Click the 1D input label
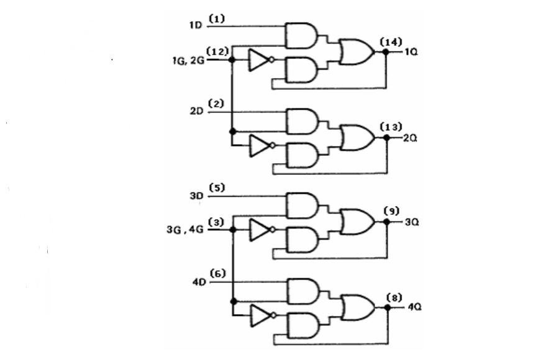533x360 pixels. click(x=196, y=25)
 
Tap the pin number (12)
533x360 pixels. click(x=217, y=52)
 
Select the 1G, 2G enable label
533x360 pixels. click(x=189, y=60)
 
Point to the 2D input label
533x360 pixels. click(x=196, y=111)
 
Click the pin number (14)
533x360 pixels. click(x=391, y=42)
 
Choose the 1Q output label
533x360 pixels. click(x=411, y=52)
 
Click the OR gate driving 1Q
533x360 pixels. click(x=357, y=52)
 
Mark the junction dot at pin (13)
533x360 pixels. click(x=386, y=138)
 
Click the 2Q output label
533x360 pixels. click(x=410, y=138)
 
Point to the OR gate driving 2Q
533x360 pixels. click(x=357, y=138)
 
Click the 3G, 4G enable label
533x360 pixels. click(x=185, y=230)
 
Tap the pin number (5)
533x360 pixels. click(x=217, y=187)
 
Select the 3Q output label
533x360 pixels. click(x=412, y=222)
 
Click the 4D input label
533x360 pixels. click(x=199, y=282)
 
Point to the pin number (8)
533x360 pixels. click(x=394, y=298)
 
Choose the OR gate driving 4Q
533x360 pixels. click(x=358, y=308)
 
